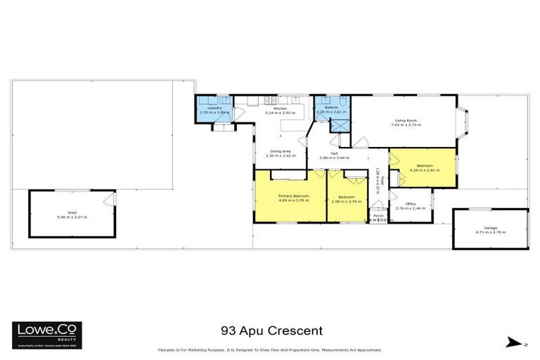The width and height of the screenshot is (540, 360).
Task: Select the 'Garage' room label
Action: (490, 227)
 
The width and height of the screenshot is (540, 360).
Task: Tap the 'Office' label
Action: (411, 204)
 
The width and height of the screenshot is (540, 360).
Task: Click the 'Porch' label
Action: (378, 216)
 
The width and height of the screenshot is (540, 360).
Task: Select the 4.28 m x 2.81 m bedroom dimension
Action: (424, 169)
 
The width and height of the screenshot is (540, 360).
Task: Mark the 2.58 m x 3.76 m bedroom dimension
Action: (346, 201)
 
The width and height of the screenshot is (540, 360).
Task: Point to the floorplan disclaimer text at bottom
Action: (269, 350)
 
